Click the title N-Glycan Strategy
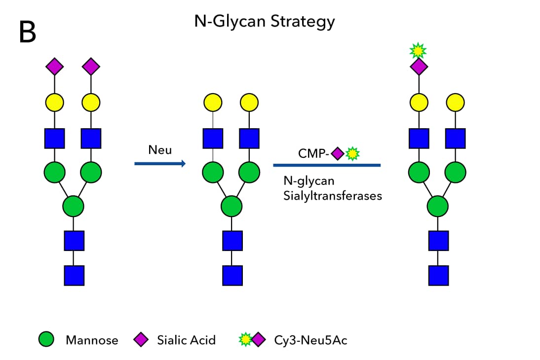pyautogui.click(x=265, y=22)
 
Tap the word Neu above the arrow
pyautogui.click(x=159, y=149)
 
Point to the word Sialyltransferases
pyautogui.click(x=333, y=195)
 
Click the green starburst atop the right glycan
pyautogui.click(x=418, y=50)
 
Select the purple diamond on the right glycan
pyautogui.click(x=419, y=66)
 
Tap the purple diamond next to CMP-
pyautogui.click(x=337, y=154)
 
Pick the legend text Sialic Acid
pyautogui.click(x=186, y=340)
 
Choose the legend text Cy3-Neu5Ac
pyautogui.click(x=310, y=340)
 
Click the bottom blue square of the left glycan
pyautogui.click(x=74, y=275)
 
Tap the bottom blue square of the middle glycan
pyautogui.click(x=232, y=275)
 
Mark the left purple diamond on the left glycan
pyautogui.click(x=55, y=66)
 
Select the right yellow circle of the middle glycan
pyautogui.click(x=249, y=102)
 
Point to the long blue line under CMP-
pyautogui.click(x=327, y=165)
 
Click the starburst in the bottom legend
pyautogui.click(x=245, y=339)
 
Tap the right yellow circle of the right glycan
pyautogui.click(x=455, y=102)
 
